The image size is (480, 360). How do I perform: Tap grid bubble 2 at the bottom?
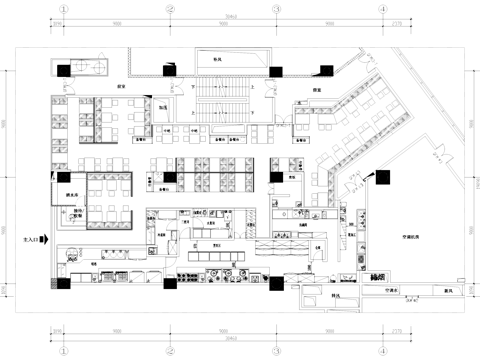click(170, 352)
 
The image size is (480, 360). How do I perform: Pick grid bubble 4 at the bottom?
click(382, 352)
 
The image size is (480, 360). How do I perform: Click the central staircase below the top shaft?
click(222, 101)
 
